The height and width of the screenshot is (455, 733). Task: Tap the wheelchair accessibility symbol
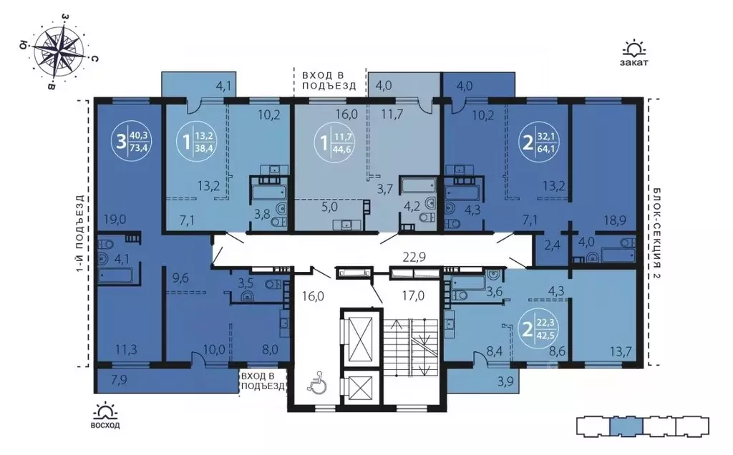pos(315,383)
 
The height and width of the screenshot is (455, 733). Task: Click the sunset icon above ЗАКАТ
pos(634,49)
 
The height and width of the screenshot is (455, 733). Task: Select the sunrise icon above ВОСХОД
pos(106,411)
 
